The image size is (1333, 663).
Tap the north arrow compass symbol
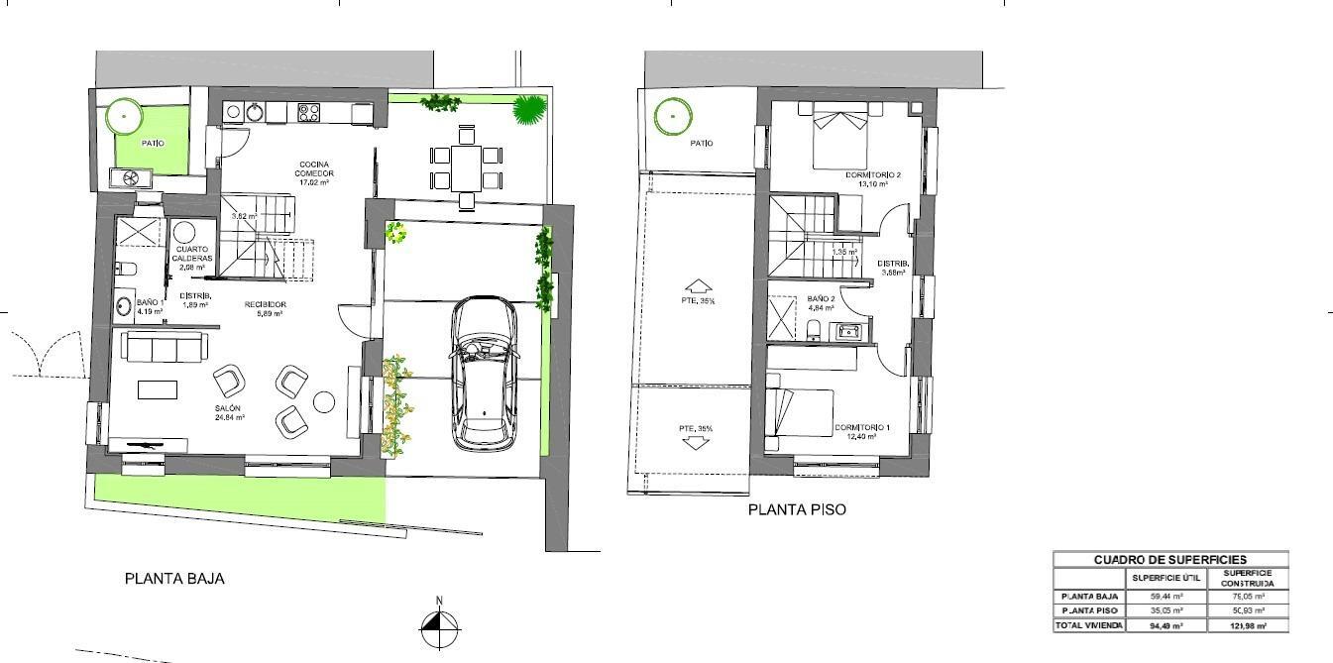(x=439, y=624)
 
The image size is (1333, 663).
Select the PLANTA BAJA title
(x=174, y=579)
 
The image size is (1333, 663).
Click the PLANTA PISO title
(x=797, y=510)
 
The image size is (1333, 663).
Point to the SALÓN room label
(x=228, y=413)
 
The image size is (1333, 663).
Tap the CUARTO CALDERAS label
(x=192, y=258)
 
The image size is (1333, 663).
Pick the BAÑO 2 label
(x=821, y=302)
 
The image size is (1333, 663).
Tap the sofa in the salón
(x=166, y=346)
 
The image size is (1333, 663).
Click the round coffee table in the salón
(x=324, y=401)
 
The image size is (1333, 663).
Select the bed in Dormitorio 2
(x=841, y=139)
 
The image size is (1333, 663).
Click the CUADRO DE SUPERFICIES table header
(x=1169, y=560)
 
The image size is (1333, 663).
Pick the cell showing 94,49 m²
(x=1166, y=625)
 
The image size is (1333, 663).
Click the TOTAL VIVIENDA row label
(x=1089, y=625)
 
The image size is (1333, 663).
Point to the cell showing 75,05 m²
(x=1247, y=597)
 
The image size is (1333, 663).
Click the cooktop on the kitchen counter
(x=308, y=113)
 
